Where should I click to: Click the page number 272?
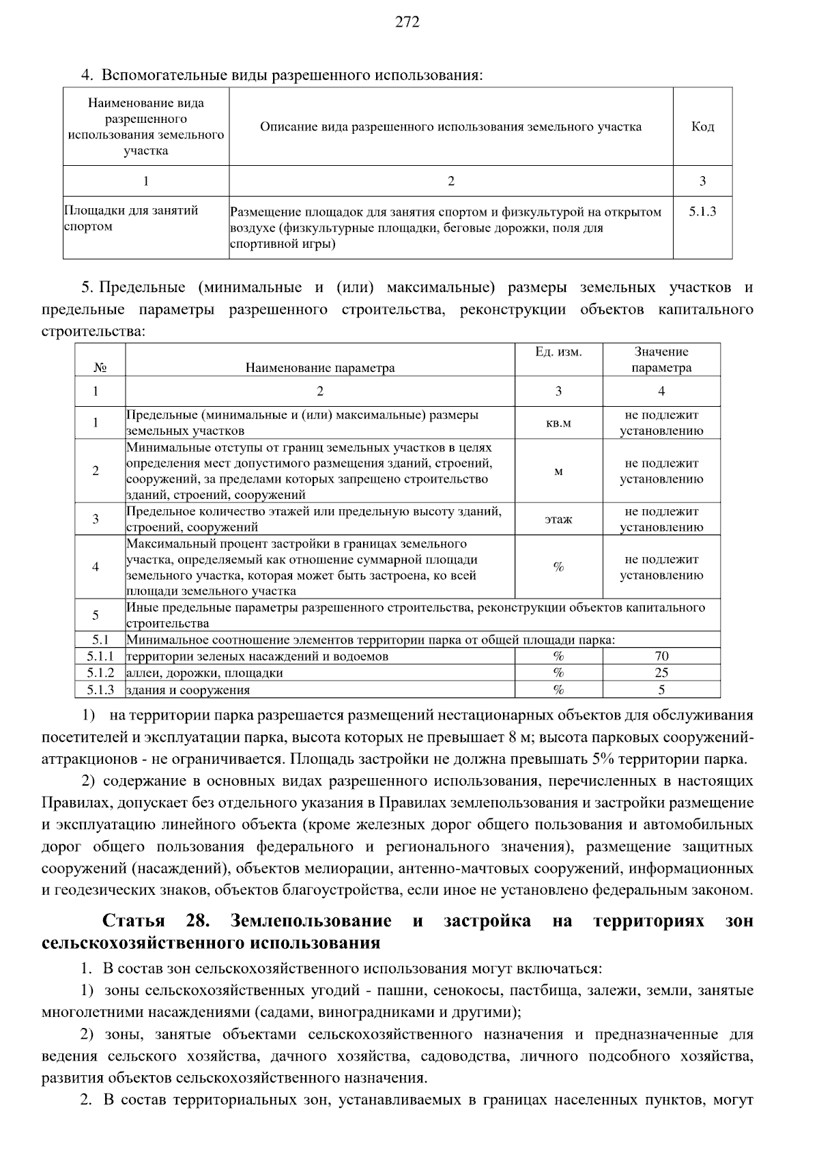point(407,23)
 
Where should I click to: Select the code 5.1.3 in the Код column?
point(702,212)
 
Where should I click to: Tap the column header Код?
point(702,127)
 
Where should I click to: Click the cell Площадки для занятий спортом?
point(131,218)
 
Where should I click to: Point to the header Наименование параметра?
point(320,368)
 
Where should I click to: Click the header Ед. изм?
point(558,352)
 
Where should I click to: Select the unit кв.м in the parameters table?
point(558,423)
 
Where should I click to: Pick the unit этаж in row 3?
point(558,519)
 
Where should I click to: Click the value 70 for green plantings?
point(661,657)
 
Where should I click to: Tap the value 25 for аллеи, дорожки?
point(661,673)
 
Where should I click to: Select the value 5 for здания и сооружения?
point(661,690)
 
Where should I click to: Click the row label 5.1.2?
point(100,673)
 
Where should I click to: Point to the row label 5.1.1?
point(100,657)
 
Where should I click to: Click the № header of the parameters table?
point(100,368)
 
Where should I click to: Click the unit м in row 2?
point(558,472)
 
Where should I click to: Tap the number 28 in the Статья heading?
point(197,921)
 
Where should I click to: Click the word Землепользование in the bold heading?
point(311,921)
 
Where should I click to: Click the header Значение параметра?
point(661,360)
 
